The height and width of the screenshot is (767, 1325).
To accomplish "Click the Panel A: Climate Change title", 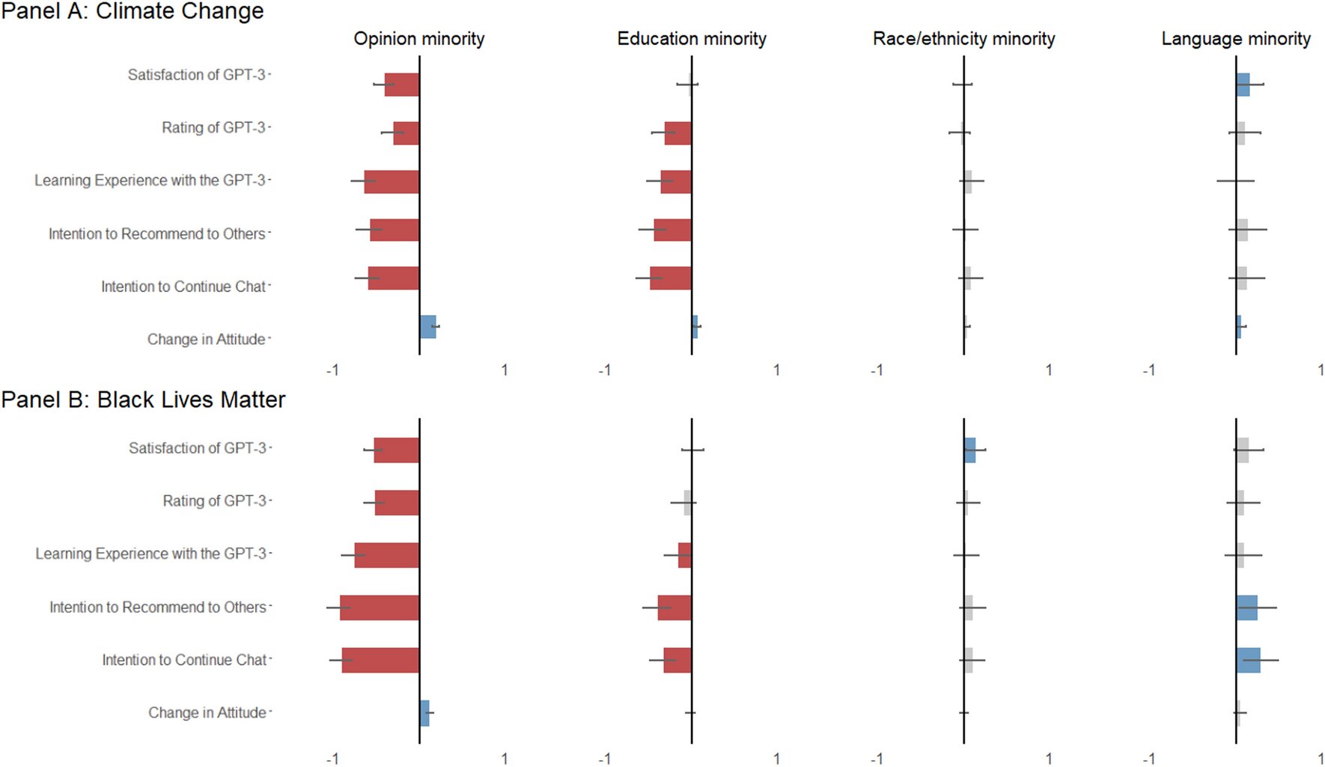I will [132, 11].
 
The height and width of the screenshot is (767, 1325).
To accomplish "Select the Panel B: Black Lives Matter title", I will [143, 400].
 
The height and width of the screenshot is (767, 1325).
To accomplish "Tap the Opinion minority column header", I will [418, 39].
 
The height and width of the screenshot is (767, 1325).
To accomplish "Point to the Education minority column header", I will [691, 39].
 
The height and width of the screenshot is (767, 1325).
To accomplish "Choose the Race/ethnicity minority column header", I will [963, 39].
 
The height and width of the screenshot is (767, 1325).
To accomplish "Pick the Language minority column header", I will [1235, 39].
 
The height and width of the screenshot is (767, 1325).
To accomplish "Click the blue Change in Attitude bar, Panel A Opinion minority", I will [428, 327].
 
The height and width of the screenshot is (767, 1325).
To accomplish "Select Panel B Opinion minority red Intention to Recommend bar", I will [380, 608].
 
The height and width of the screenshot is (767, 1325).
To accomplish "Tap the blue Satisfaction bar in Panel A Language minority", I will [1243, 85].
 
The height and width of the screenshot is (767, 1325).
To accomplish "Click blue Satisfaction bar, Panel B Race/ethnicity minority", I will [970, 450].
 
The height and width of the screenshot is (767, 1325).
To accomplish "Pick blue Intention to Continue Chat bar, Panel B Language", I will [1248, 660].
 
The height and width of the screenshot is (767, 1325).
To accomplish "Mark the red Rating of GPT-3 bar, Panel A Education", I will [677, 133].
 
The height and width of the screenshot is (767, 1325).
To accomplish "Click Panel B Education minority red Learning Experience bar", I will [685, 555].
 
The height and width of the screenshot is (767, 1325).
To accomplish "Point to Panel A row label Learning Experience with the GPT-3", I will [150, 180].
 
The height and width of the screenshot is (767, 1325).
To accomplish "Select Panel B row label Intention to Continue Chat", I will [184, 660].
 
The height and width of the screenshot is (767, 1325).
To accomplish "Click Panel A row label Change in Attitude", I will [206, 340].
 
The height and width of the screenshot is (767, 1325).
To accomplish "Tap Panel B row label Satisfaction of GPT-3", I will [197, 448].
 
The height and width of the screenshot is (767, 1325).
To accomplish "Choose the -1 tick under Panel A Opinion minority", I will [332, 370].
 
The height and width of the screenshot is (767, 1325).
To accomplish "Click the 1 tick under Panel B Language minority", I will [1321, 759].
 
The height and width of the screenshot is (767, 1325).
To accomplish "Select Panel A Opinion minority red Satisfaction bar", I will [402, 85].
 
